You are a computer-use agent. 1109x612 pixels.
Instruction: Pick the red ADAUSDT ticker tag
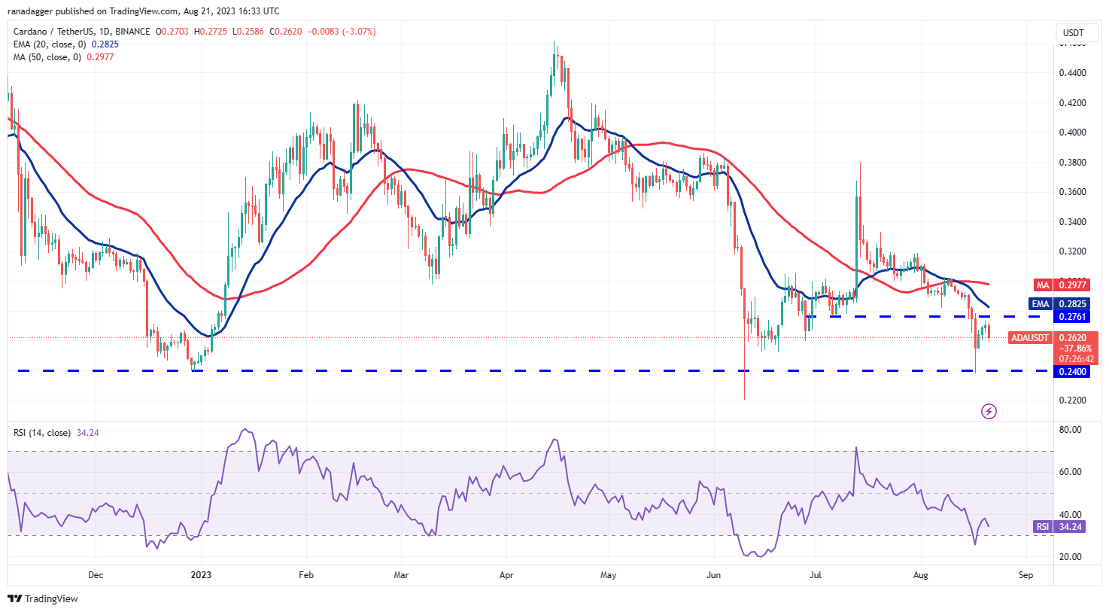click(x=1029, y=338)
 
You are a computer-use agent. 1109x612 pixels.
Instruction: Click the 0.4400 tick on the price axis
click(x=1072, y=73)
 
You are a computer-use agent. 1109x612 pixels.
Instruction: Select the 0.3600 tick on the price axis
click(x=1072, y=192)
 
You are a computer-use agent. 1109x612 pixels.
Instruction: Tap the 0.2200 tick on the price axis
click(x=1072, y=400)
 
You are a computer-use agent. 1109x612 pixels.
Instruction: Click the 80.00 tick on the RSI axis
click(x=1070, y=430)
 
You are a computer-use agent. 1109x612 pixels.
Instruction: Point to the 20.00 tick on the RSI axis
click(x=1070, y=557)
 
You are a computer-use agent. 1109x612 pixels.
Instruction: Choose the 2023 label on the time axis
click(x=201, y=575)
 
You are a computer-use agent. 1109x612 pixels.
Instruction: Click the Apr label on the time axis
click(x=506, y=575)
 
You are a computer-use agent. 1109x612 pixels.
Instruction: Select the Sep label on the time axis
click(x=1025, y=575)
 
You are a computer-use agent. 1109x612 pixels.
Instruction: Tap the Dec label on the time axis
click(x=96, y=575)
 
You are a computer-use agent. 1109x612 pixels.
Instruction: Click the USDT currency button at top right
click(x=1074, y=33)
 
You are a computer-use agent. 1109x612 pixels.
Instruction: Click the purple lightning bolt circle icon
click(x=989, y=411)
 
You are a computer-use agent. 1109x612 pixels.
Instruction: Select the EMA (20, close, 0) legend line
click(x=66, y=44)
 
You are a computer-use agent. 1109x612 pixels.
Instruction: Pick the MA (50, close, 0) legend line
click(x=64, y=57)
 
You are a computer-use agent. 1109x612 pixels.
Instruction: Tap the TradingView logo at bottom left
click(x=43, y=599)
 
